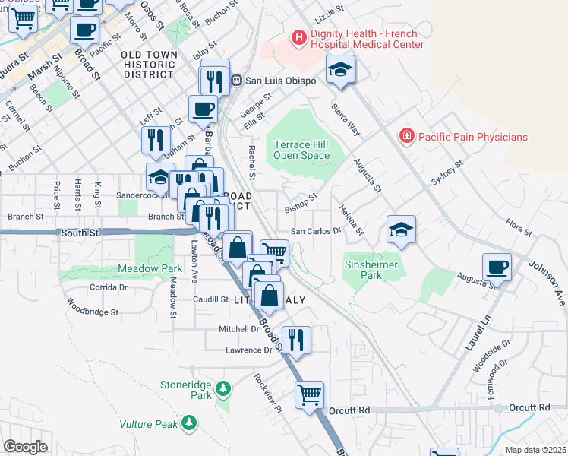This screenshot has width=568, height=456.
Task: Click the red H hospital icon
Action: pos(299,37)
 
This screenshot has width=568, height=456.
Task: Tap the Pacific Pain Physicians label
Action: pos(475,137)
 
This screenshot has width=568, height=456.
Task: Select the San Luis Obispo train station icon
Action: pos(237,80)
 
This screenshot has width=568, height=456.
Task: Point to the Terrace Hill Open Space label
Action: pos(302,150)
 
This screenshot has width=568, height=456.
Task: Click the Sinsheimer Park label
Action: pos(373,271)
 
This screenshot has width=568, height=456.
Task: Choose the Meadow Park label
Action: pos(150,268)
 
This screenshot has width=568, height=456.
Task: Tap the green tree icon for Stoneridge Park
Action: pos(222,390)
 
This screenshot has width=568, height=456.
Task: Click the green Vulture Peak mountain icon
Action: pos(189,422)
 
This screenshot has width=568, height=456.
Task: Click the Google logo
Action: pos(25,446)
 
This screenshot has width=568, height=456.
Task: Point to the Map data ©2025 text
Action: pos(535,450)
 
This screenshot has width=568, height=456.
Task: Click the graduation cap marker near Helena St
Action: pos(401,230)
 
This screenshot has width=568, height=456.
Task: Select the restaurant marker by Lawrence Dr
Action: pos(295,340)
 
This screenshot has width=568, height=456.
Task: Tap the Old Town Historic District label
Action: pos(150,65)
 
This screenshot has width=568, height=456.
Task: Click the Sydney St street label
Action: pos(447,173)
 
